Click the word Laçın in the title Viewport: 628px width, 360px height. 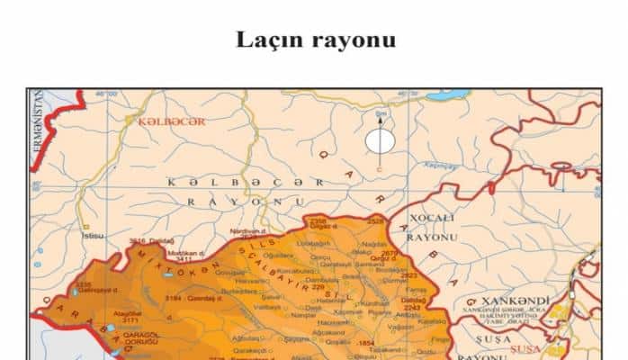click(x=271, y=40)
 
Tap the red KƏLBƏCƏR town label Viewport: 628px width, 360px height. click(x=171, y=121)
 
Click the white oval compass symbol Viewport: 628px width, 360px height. click(x=379, y=140)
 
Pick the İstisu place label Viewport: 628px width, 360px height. click(x=93, y=236)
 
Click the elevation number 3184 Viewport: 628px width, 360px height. click(x=174, y=298)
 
